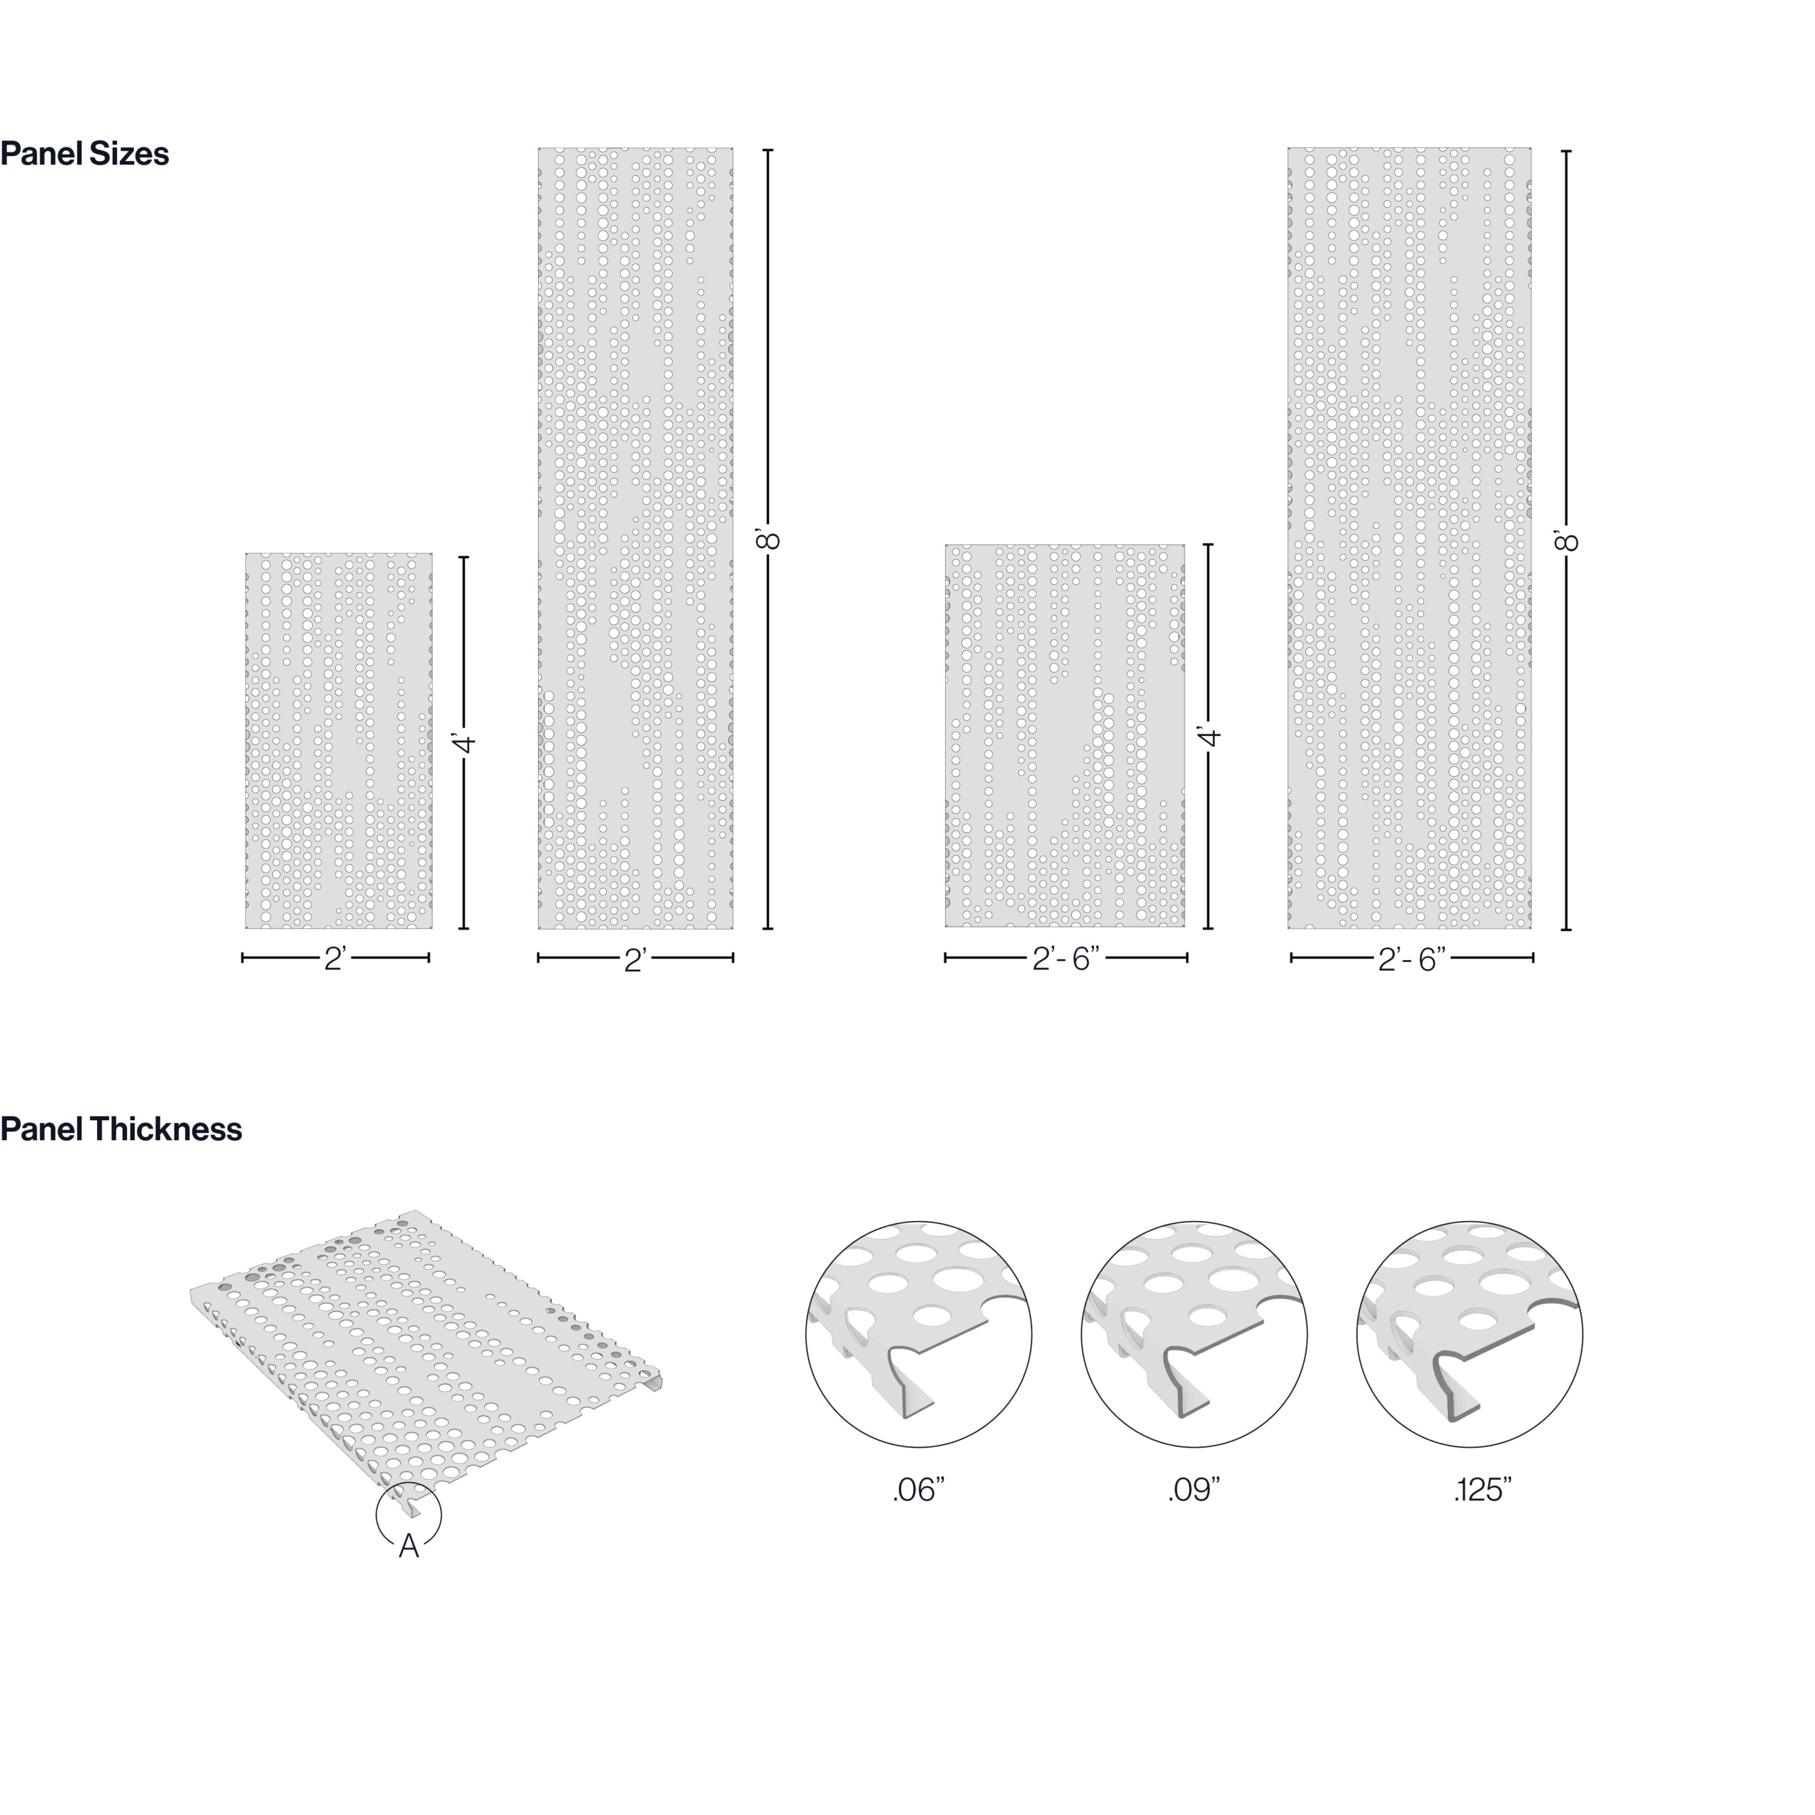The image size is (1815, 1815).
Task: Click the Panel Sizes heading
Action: [x=84, y=153]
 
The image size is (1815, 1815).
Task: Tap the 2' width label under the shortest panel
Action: [x=335, y=959]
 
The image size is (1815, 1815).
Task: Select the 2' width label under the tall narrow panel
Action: [x=635, y=959]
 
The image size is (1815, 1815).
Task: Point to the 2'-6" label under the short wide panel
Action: [x=1066, y=959]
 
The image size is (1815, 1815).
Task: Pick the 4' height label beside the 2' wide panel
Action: [x=464, y=743]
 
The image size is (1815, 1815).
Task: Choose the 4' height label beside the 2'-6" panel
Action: [x=1209, y=736]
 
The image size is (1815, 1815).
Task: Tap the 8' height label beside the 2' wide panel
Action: [x=768, y=540]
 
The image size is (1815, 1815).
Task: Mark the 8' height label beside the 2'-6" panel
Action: [x=1565, y=540]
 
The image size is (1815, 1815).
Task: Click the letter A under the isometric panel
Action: [x=408, y=1546]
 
